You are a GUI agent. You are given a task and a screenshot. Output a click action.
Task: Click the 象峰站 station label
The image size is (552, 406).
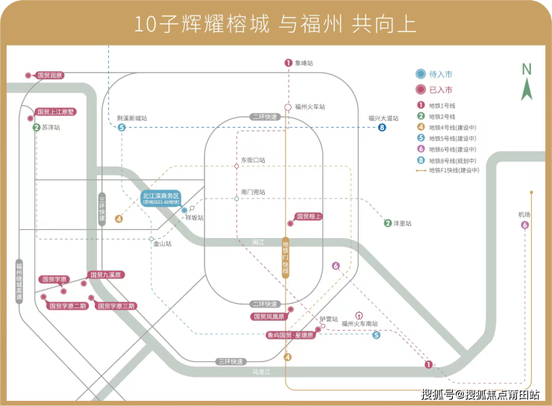pos(304,63)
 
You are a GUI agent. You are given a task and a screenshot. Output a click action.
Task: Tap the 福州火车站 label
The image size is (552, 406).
pos(311,107)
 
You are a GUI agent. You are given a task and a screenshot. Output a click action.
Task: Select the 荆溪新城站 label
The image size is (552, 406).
pos(132,118)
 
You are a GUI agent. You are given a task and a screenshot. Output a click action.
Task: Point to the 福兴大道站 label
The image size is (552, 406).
pos(383,118)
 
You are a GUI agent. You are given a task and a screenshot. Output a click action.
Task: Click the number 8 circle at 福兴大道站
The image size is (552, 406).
pos(382,128)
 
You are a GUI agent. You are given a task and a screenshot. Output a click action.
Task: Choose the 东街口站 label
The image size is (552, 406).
pos(253,160)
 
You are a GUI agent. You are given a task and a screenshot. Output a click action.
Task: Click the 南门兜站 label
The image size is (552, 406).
pos(253,192)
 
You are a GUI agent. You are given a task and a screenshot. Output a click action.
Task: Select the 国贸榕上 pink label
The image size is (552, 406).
pos(309,216)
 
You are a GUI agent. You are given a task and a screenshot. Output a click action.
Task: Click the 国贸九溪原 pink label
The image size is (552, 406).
pos(106,275)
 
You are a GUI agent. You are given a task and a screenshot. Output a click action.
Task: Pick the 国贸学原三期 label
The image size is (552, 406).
pos(117,306)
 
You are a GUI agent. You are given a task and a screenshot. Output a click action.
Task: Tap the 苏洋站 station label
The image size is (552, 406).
pos(51,128)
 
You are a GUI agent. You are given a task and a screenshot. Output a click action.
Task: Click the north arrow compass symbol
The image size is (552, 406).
pos(527,82)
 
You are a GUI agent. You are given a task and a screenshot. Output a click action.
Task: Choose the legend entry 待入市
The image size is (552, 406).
pos(440,75)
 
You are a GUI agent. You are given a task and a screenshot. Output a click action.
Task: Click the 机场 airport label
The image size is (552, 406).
pos(524,215)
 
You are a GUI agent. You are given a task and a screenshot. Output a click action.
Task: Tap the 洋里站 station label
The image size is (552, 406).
pos(402,223)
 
